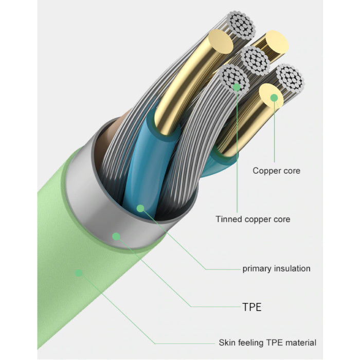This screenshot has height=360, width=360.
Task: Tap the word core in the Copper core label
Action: [292, 170]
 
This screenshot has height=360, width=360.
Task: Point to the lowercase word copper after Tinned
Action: [258, 220]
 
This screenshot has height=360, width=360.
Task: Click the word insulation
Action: [293, 268]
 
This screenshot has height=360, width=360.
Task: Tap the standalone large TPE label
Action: [251, 307]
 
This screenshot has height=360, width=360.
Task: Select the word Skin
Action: [227, 343]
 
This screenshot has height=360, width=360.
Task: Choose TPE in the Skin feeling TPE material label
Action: [275, 343]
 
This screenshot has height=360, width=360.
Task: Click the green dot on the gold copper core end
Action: [274, 97]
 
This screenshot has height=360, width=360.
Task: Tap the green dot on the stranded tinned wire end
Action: [237, 87]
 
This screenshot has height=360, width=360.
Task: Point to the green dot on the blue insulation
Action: [140, 208]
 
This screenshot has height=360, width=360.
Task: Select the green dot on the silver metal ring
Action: [116, 237]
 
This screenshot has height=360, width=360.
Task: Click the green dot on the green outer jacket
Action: [78, 272]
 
